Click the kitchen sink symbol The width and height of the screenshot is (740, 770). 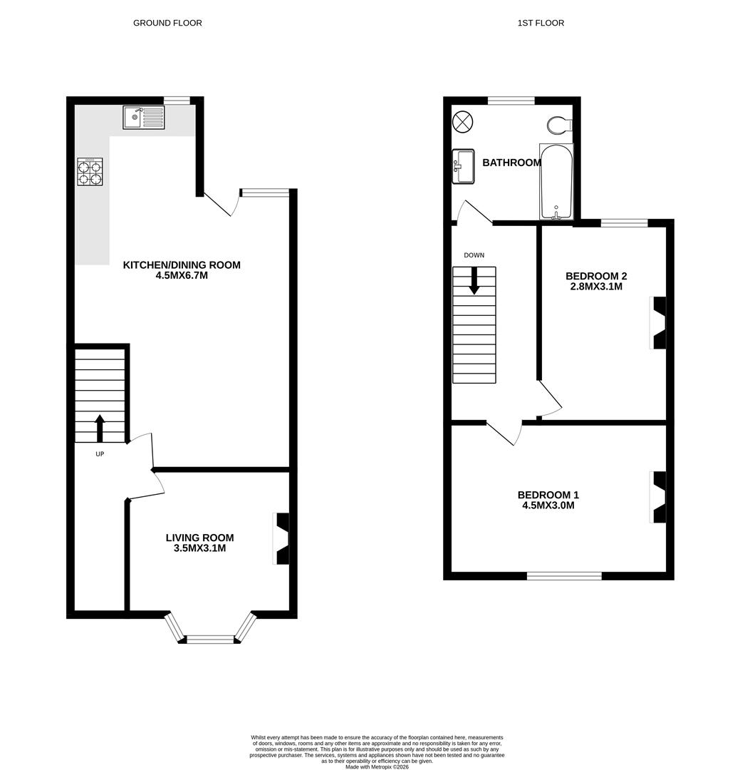tap(143, 118)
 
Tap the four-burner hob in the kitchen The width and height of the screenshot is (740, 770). tap(90, 172)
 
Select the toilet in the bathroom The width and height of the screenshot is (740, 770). tap(560, 125)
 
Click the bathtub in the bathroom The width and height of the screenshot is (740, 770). tap(556, 183)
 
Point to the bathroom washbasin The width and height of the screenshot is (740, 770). tap(463, 166)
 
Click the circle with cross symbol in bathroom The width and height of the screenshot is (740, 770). tap(462, 122)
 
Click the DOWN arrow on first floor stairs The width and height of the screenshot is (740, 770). tap(474, 281)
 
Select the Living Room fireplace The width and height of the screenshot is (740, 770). tap(282, 539)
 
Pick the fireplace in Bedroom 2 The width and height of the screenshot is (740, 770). tap(659, 323)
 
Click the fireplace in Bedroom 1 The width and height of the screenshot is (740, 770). tap(659, 497)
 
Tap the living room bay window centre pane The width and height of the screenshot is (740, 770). tap(210, 640)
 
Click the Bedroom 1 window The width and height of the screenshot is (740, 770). tap(564, 575)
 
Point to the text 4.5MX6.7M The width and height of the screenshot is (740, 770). tap(182, 275)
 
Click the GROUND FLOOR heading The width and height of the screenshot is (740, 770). tap(167, 23)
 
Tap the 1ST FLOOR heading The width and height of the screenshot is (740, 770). tap(541, 23)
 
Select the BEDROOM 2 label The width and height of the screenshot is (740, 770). tap(595, 276)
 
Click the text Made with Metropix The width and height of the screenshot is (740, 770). tap(377, 766)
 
